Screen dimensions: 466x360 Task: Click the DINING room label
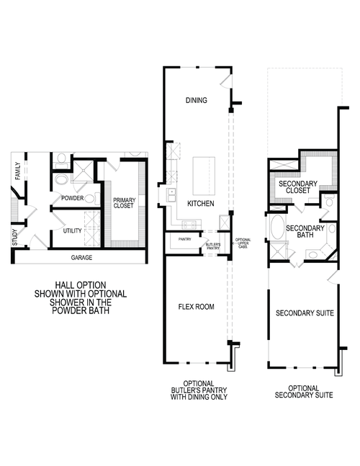[197, 100]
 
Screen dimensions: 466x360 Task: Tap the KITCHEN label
[200, 204]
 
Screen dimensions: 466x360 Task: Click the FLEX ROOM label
[197, 306]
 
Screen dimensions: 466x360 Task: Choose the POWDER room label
[73, 198]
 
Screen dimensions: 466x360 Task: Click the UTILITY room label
[72, 230]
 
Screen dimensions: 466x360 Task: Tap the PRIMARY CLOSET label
[123, 202]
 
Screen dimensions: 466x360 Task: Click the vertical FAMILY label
[17, 171]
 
